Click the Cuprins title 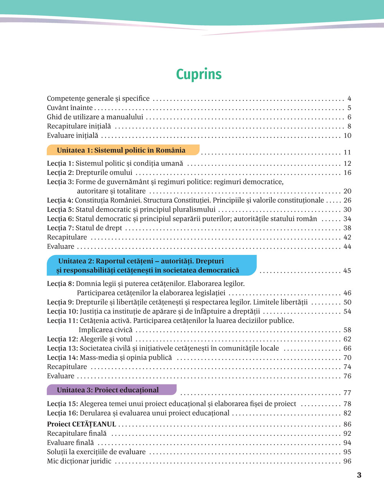tap(199, 74)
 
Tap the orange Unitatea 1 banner tap(122, 150)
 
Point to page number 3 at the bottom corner tap(359, 475)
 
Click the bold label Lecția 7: tap(60, 228)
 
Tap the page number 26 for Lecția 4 tap(347, 200)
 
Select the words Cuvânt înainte tap(70, 108)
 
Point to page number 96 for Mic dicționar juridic tap(347, 461)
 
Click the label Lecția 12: tap(62, 339)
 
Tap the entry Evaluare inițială tap(73, 136)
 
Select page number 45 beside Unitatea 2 tap(347, 271)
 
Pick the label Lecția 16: tap(62, 413)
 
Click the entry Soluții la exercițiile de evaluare tap(96, 452)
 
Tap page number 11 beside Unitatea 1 tap(347, 153)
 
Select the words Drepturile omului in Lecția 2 tap(104, 173)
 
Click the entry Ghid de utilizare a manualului tap(95, 117)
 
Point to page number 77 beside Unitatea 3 tap(347, 393)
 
